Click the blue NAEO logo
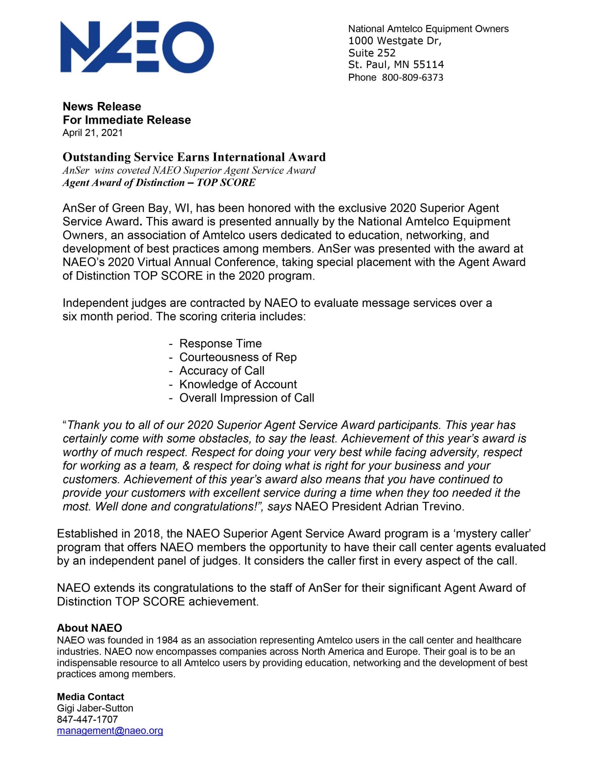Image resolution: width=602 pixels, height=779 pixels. pyautogui.click(x=137, y=47)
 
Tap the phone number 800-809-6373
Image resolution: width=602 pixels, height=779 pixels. pyautogui.click(x=412, y=77)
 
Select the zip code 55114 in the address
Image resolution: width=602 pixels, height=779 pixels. pyautogui.click(x=428, y=65)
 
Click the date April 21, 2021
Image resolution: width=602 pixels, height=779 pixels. pyautogui.click(x=92, y=133)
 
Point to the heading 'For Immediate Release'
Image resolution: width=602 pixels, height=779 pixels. pyautogui.click(x=127, y=120)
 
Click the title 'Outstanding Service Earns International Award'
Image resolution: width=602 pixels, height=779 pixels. pyautogui.click(x=194, y=157)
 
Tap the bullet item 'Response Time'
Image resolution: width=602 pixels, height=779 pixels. pyautogui.click(x=220, y=343)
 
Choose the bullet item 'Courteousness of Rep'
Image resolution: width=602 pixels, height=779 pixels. pyautogui.click(x=238, y=357)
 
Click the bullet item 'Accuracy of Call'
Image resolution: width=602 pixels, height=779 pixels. pyautogui.click(x=222, y=370)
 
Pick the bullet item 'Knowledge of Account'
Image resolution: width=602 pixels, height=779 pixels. pyautogui.click(x=238, y=384)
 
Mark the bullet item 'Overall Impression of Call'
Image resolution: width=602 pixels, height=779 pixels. pyautogui.click(x=246, y=397)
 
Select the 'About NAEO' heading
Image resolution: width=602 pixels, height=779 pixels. pyautogui.click(x=89, y=628)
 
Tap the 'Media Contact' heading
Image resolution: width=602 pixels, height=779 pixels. pyautogui.click(x=90, y=697)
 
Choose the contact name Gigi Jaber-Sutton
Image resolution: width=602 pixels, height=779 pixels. pyautogui.click(x=95, y=708)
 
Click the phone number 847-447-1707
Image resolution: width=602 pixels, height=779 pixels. pyautogui.click(x=87, y=719)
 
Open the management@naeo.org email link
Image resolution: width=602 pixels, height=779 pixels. pyautogui.click(x=110, y=730)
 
